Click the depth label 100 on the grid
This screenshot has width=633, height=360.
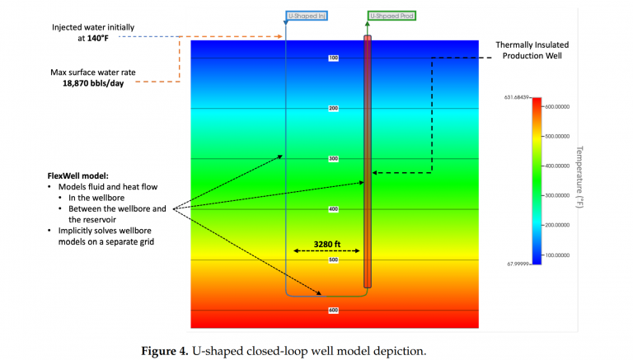pos(334,58)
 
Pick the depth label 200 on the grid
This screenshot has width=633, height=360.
pos(334,108)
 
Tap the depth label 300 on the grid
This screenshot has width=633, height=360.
pos(334,158)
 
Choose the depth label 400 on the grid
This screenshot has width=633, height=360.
pos(334,209)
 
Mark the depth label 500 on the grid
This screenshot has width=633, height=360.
pos(334,259)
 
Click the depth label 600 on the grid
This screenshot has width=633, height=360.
pos(334,310)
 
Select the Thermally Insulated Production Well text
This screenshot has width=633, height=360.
pos(532,49)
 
